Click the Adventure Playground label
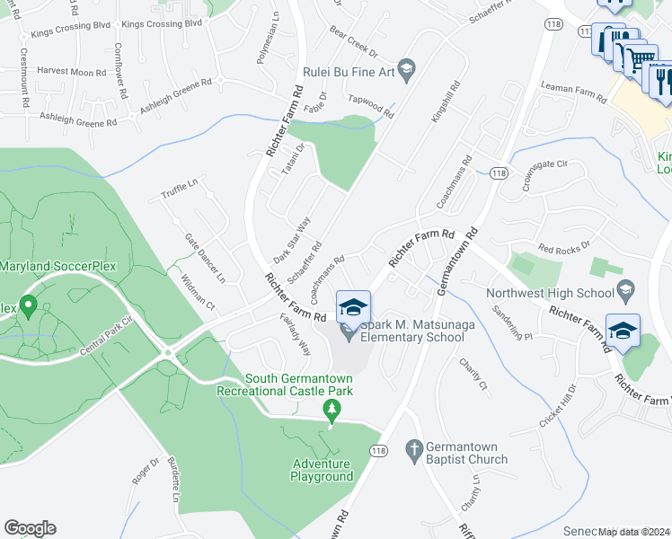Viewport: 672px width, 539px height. click(x=322, y=471)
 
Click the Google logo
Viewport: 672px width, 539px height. click(x=30, y=528)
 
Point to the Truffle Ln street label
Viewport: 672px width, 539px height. click(x=179, y=190)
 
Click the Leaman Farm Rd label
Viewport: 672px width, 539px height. click(x=576, y=87)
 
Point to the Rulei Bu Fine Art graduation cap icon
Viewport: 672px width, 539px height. click(x=406, y=68)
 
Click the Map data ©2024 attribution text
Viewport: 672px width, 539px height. click(x=634, y=532)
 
